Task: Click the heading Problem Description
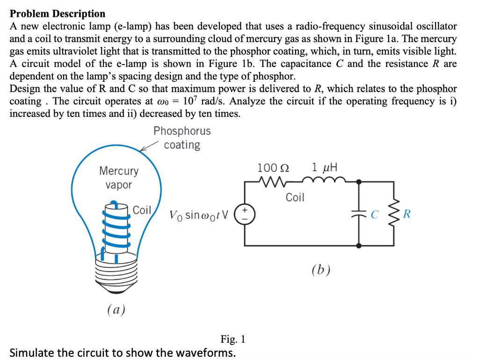[58, 14]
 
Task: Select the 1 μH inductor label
[324, 167]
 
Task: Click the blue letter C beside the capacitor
[374, 215]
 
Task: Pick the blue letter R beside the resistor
[407, 215]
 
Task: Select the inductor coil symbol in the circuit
[324, 180]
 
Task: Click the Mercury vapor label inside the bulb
[118, 178]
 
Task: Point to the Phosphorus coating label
[182, 138]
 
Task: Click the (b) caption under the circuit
[321, 270]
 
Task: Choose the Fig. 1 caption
[232, 339]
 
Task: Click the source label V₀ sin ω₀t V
[199, 216]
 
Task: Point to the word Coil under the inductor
[295, 197]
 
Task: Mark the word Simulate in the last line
[32, 352]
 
